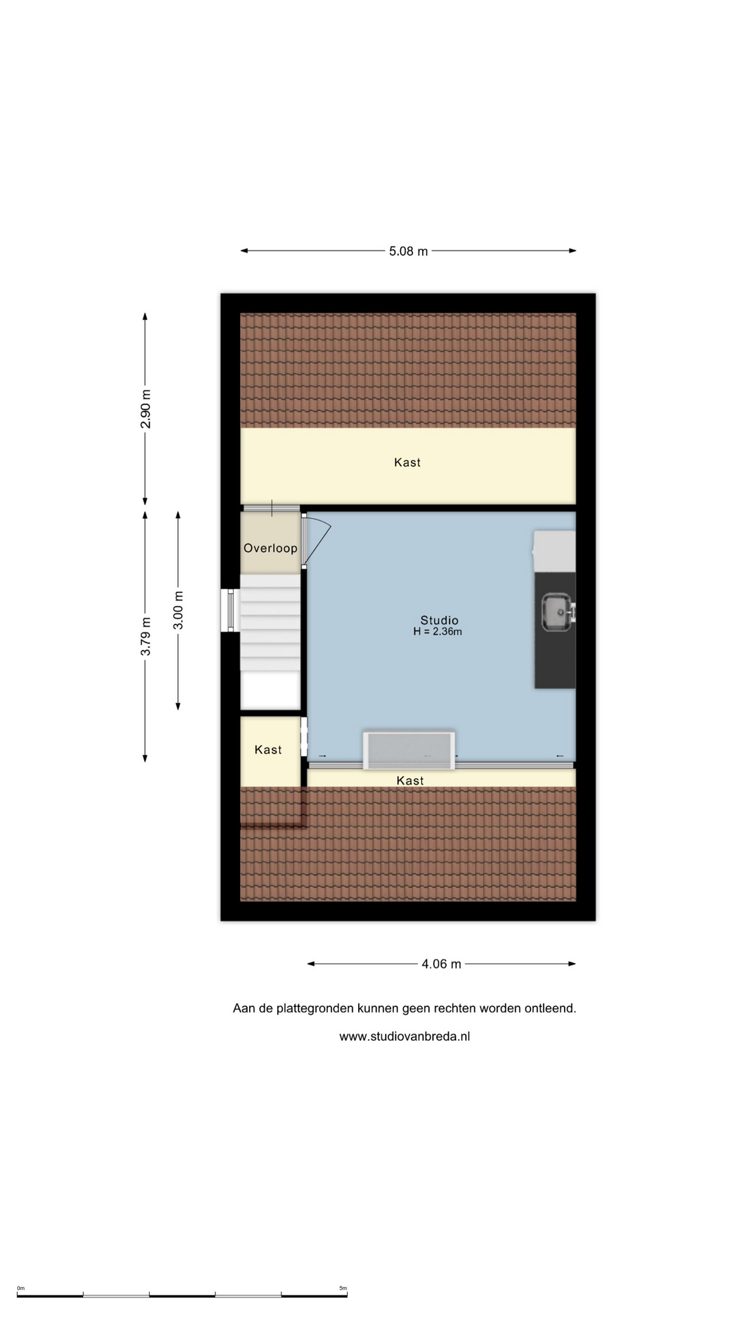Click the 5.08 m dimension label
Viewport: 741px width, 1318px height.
click(408, 251)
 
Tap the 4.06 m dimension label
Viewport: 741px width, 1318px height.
click(441, 964)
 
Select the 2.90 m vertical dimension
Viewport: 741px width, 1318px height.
click(145, 409)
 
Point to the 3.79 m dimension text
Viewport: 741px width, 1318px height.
click(145, 636)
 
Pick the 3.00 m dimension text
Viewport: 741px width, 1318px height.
click(178, 610)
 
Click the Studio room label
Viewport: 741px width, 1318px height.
click(439, 620)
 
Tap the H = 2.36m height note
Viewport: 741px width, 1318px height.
click(438, 632)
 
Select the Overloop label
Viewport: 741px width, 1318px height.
click(270, 548)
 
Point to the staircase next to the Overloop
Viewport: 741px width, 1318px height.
click(270, 623)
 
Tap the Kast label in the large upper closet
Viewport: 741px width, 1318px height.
click(407, 463)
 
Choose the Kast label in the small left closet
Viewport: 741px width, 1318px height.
click(268, 750)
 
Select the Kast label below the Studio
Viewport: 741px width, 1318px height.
click(410, 781)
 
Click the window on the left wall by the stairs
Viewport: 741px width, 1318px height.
click(230, 610)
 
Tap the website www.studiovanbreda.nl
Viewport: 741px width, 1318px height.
click(405, 1037)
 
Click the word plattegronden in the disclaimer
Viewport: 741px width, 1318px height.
click(313, 1008)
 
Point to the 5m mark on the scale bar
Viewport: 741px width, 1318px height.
click(343, 1288)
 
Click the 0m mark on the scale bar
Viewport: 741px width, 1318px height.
click(21, 1288)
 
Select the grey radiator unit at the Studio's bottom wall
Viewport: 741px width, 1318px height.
click(409, 750)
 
